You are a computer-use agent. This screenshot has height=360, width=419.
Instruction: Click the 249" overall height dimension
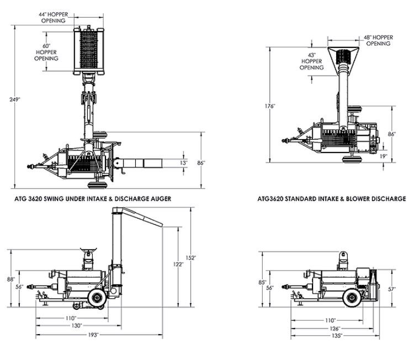tap(15, 99)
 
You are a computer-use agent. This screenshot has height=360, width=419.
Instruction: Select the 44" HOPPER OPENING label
tap(53, 17)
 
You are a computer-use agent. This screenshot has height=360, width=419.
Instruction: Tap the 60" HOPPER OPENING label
tap(46, 52)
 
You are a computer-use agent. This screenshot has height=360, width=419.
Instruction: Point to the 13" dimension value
tap(184, 162)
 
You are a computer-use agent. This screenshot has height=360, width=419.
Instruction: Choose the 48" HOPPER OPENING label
tap(378, 40)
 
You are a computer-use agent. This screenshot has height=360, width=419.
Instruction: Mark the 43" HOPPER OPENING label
tap(312, 61)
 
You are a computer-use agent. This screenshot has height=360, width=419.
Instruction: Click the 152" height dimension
tap(192, 257)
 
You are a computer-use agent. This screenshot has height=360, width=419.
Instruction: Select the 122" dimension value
tap(178, 264)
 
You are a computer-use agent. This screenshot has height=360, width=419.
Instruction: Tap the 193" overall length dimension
tap(93, 335)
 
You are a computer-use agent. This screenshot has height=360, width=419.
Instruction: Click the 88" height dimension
tap(10, 279)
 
